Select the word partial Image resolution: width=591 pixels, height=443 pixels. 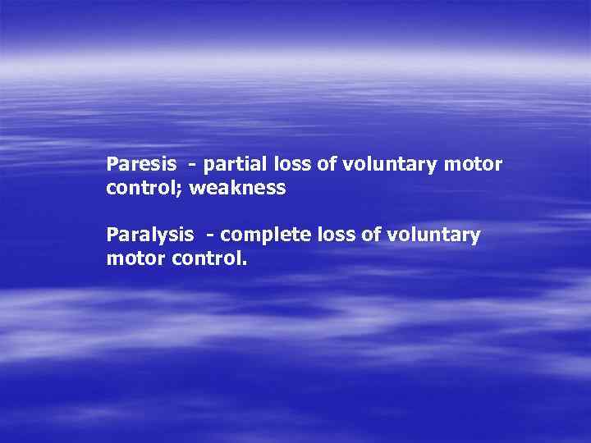(233, 165)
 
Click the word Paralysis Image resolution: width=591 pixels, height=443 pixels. (150, 236)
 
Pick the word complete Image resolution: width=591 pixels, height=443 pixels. (261, 236)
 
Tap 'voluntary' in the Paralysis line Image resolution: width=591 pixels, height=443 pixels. (433, 236)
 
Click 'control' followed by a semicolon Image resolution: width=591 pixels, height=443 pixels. (143, 189)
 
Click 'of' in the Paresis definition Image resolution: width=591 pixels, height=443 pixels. (327, 165)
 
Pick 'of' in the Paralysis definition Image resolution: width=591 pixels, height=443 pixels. (370, 236)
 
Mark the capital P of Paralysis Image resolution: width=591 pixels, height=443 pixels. (112, 235)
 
